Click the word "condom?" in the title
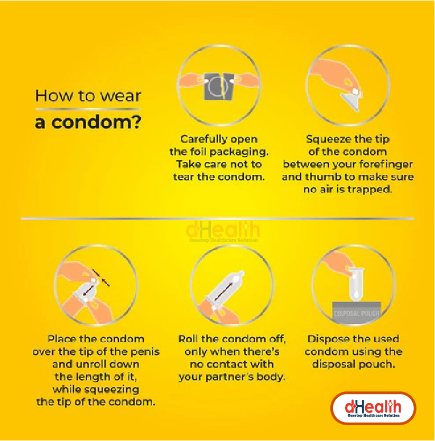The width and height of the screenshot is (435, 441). click(x=96, y=123)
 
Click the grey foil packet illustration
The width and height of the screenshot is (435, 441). click(x=219, y=86)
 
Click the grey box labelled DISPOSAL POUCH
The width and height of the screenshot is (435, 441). click(x=356, y=312)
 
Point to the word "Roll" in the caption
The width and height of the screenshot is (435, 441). click(x=188, y=339)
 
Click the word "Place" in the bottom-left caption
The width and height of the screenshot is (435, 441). click(x=62, y=339)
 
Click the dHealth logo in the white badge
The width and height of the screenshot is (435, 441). click(x=373, y=408)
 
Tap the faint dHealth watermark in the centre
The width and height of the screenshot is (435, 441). click(x=223, y=232)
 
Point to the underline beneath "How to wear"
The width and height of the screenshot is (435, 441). click(x=88, y=109)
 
